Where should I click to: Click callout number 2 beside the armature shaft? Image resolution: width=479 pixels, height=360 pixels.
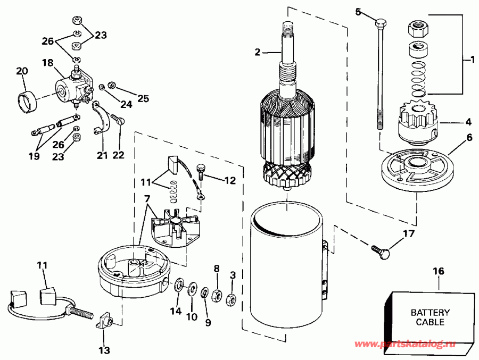(x=257, y=52)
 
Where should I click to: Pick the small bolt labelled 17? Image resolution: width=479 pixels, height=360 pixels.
(x=378, y=250)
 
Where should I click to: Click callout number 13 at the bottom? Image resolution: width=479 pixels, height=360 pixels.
(x=104, y=350)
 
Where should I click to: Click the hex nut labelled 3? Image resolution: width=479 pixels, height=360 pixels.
(x=231, y=299)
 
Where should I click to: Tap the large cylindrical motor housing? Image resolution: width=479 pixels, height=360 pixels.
(x=284, y=266)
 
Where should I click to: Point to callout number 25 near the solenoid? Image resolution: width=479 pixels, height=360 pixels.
(x=128, y=98)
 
